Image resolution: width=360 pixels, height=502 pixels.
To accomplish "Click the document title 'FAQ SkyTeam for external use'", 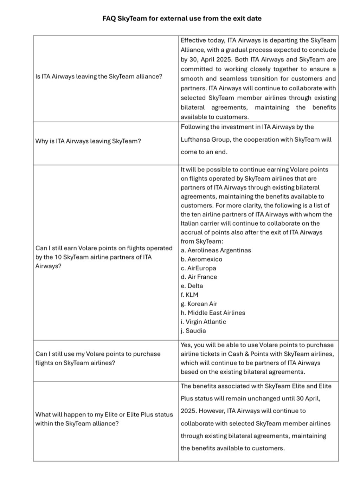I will (182, 18).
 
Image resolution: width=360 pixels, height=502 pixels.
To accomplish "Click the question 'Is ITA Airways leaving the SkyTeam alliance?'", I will (99, 76).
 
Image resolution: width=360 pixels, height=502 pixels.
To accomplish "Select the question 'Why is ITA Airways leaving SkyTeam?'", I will (88, 141).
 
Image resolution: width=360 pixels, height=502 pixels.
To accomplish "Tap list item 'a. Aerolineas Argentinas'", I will (216, 250).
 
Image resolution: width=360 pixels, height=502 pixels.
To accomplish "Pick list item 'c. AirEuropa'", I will (198, 268).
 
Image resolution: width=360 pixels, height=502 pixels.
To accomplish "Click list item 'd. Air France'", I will (199, 277).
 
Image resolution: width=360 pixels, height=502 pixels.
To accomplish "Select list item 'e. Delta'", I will (192, 286).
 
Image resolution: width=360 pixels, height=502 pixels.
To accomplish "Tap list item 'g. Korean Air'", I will (199, 304).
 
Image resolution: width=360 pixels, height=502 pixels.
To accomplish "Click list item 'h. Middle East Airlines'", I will (213, 313).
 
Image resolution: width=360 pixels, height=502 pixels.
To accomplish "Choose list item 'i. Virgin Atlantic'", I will (203, 322).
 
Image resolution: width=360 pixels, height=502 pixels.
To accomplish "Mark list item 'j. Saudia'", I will (193, 330).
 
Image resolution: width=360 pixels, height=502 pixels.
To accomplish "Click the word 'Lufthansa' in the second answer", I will (195, 140).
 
